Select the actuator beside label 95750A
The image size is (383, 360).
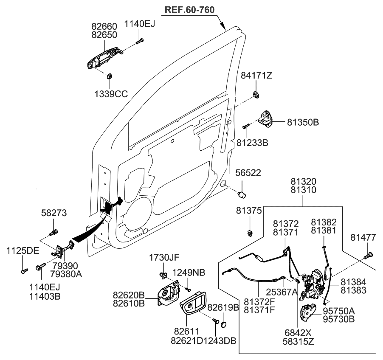(x=307, y=313)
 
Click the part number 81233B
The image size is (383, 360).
(x=252, y=143)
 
